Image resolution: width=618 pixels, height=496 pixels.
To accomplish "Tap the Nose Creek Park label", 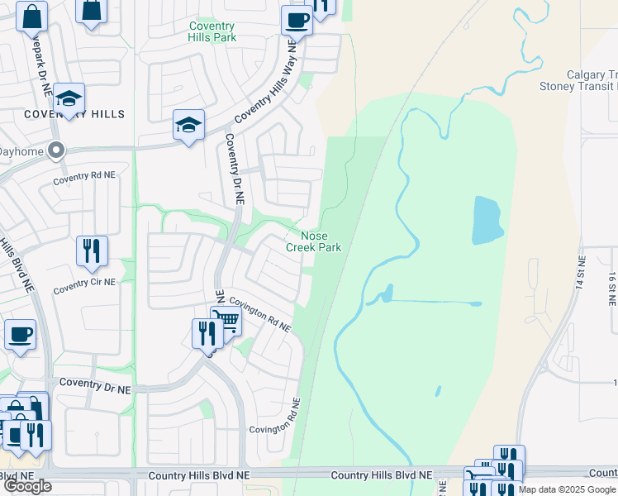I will click(313, 241).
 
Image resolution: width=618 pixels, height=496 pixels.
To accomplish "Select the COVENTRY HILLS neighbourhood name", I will click(74, 114).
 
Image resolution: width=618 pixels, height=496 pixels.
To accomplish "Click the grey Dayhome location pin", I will click(56, 150).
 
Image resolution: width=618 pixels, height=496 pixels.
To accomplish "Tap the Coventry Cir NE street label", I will click(84, 286).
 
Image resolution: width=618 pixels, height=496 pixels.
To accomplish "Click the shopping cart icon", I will click(225, 321).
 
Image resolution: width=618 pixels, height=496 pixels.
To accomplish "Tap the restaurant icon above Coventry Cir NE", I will click(92, 250).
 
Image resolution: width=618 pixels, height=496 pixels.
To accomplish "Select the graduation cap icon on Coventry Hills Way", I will click(188, 126).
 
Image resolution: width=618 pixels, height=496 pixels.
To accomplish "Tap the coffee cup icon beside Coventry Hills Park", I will click(297, 20).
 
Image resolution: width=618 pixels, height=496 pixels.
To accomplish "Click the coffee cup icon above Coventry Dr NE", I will click(20, 334).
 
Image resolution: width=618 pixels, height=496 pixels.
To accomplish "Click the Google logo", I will click(26, 485).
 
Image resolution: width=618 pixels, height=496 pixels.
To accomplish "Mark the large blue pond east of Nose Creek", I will click(488, 221).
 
